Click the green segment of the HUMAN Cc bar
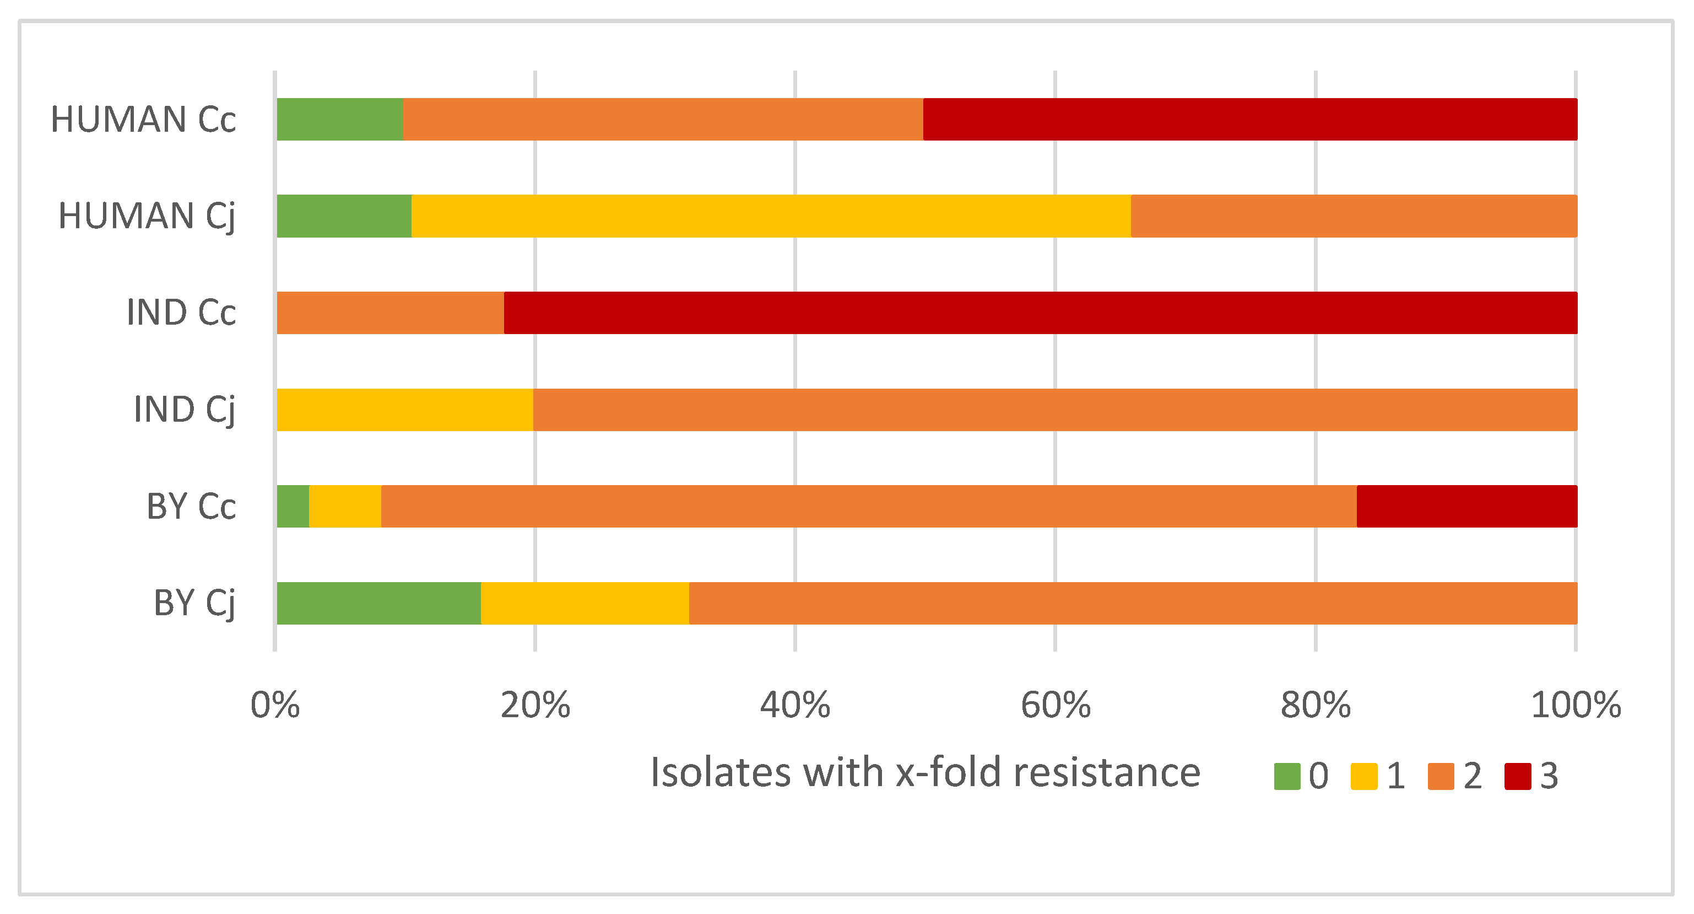click(x=339, y=119)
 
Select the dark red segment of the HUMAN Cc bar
click(x=1249, y=119)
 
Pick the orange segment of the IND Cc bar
click(x=390, y=313)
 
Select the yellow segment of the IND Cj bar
click(x=404, y=409)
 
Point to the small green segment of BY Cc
click(x=293, y=506)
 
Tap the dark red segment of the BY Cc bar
click(x=1466, y=506)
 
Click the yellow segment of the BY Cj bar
click(x=584, y=603)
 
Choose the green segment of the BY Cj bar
click(x=378, y=603)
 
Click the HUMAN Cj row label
click(x=146, y=216)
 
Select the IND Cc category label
click(x=181, y=313)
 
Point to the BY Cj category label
click(x=194, y=603)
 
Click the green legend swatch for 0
click(x=1286, y=776)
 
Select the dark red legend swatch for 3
click(x=1518, y=776)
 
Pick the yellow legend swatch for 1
click(x=1364, y=776)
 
